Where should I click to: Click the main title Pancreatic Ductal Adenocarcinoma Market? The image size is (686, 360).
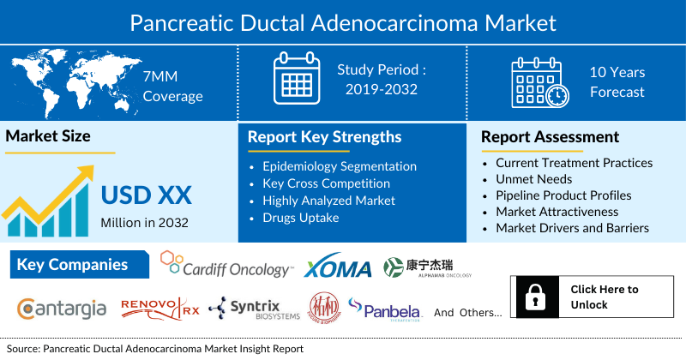tap(342, 21)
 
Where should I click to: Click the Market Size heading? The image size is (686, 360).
tap(48, 135)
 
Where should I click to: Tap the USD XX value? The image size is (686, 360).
tap(146, 195)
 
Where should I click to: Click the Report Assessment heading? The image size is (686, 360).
tap(550, 137)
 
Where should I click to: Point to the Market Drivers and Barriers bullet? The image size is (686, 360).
tap(572, 228)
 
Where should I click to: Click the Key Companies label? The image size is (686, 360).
tap(72, 265)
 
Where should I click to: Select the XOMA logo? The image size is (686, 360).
tap(338, 267)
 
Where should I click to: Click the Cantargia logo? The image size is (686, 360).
tap(62, 308)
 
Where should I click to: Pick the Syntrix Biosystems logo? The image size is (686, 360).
tap(254, 309)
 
